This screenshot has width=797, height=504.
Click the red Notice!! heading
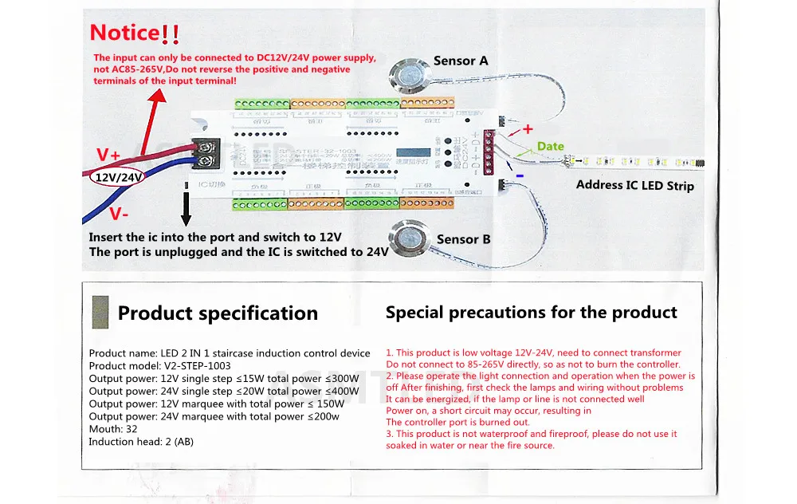tap(135, 33)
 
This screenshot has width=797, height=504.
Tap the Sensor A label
tap(461, 61)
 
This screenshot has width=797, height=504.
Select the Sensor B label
tap(463, 239)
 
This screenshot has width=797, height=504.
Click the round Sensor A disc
tap(410, 77)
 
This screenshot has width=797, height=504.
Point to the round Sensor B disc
tap(410, 238)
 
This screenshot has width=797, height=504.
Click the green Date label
tap(550, 146)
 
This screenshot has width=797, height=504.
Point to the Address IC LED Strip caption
tap(634, 186)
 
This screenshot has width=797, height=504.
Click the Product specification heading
tap(218, 313)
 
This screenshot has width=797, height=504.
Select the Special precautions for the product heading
tap(532, 313)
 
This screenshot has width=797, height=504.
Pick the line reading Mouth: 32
tap(113, 429)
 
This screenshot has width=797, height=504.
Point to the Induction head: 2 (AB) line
tap(141, 442)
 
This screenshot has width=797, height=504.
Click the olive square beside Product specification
tap(100, 309)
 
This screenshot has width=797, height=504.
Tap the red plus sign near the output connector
tap(526, 129)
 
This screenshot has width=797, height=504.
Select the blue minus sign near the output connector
tap(519, 174)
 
